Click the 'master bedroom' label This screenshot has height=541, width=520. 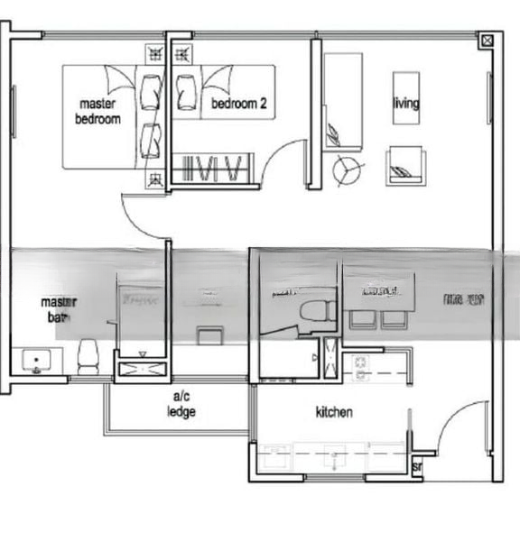coord(97,111)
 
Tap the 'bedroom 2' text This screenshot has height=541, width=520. coord(239,105)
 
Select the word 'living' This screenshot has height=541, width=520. coord(405,103)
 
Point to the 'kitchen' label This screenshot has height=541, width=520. coord(333,412)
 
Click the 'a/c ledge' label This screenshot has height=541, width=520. coord(181,405)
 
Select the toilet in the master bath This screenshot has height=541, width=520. coord(88,355)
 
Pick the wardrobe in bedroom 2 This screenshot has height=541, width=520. coord(211,168)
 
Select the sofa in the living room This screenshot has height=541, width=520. coord(343,101)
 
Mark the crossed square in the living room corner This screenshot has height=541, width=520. coord(487,41)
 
